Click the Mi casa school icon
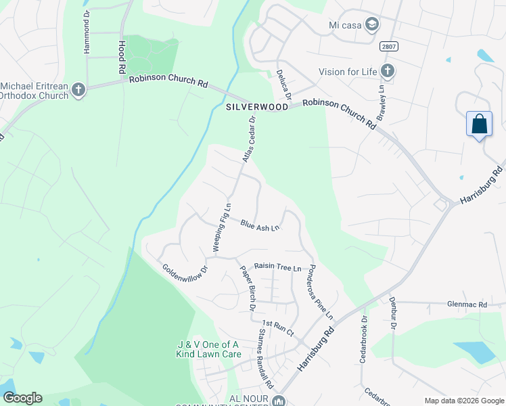(x=371, y=25)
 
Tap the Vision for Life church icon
(x=388, y=71)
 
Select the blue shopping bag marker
(x=479, y=125)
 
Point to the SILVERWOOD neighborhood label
(x=252, y=107)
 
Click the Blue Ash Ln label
(x=260, y=227)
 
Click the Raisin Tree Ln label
(x=277, y=267)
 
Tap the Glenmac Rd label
(x=467, y=305)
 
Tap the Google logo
(x=22, y=398)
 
